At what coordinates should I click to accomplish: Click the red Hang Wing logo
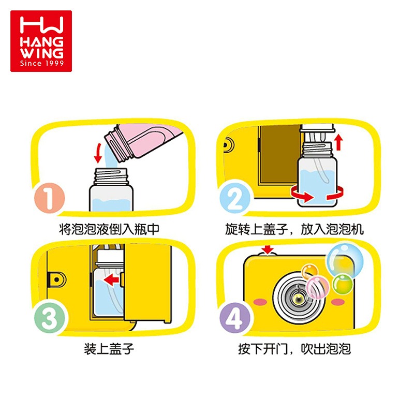41,41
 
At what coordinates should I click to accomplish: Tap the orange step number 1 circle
49,198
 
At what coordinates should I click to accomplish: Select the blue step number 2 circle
235,198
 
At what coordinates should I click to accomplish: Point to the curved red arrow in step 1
98,153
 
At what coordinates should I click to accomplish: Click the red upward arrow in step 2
339,142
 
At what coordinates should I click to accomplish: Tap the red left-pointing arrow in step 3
111,279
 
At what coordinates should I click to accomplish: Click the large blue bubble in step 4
345,260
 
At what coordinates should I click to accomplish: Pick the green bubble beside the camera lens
343,284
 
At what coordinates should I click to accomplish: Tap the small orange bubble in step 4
309,271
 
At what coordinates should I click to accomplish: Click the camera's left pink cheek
260,302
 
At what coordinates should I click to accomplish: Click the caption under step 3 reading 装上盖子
109,349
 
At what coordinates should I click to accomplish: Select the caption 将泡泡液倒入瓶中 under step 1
109,229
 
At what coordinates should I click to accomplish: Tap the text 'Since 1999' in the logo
42,63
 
